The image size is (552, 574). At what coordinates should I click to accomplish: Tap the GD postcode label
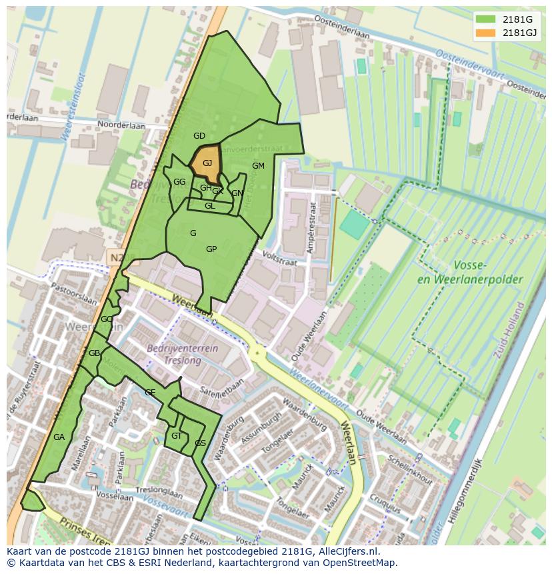199,136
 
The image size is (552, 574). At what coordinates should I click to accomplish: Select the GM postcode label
258,166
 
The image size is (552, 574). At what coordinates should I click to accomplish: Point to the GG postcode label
179,182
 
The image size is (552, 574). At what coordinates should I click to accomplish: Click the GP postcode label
211,249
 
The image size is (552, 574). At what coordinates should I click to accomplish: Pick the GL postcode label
210,206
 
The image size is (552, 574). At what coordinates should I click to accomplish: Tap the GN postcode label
237,193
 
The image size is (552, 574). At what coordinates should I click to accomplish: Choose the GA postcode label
59,437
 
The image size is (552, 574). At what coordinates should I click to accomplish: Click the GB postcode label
94,353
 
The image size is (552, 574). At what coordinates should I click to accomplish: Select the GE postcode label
150,393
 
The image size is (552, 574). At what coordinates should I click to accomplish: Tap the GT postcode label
177,436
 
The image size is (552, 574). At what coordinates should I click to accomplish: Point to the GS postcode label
200,443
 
